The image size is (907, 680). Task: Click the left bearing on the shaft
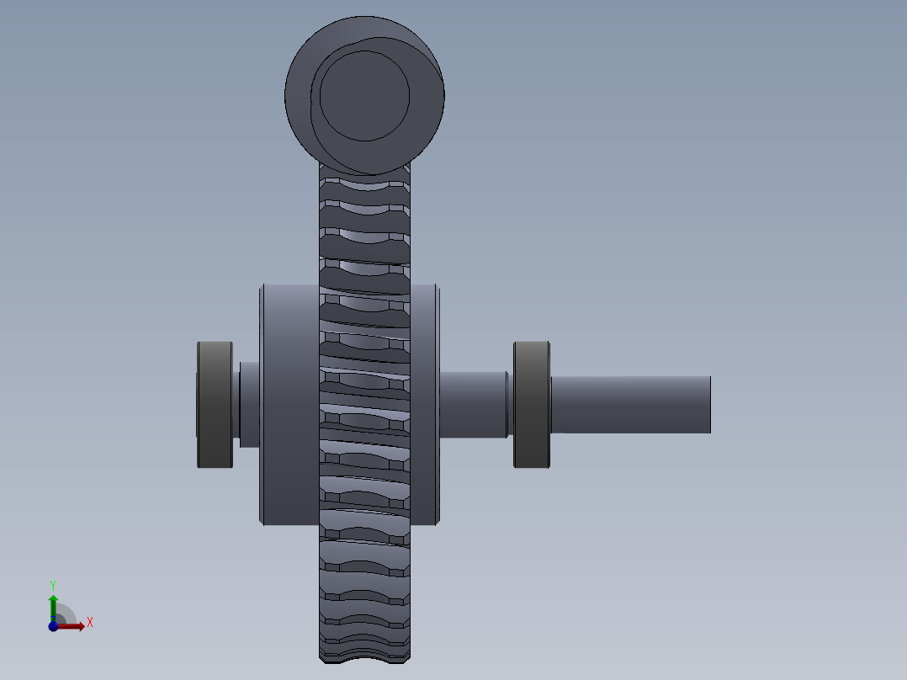tap(215, 404)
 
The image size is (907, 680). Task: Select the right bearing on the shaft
tap(532, 404)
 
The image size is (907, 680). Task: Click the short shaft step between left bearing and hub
tap(249, 404)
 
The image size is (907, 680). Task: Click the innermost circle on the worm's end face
tap(364, 95)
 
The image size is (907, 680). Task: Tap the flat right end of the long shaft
tap(710, 405)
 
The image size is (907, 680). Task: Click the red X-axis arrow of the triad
tap(74, 625)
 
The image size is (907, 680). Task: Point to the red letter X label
tap(90, 623)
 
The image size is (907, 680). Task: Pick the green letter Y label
tap(53, 584)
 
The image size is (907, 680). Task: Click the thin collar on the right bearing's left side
tap(509, 404)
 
